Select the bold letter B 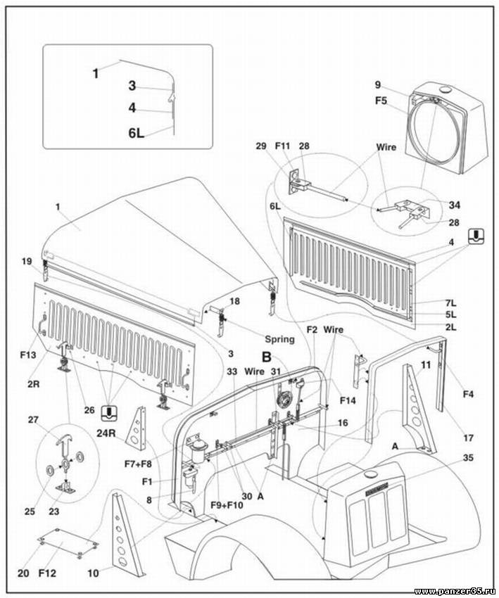(x=267, y=356)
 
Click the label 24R (x=107, y=433)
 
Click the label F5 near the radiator (x=381, y=100)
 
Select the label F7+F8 (x=138, y=464)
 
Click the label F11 (x=283, y=147)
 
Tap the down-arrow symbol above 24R (x=109, y=413)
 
